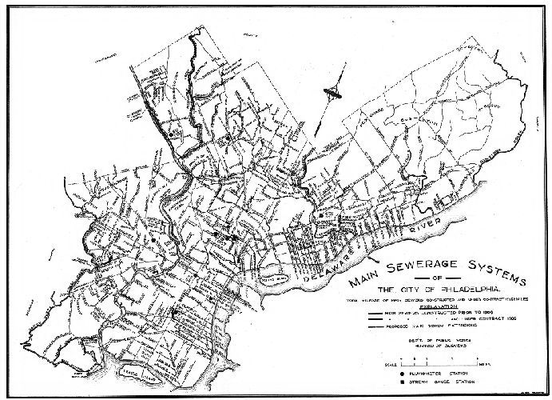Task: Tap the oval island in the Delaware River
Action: point(275,279)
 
